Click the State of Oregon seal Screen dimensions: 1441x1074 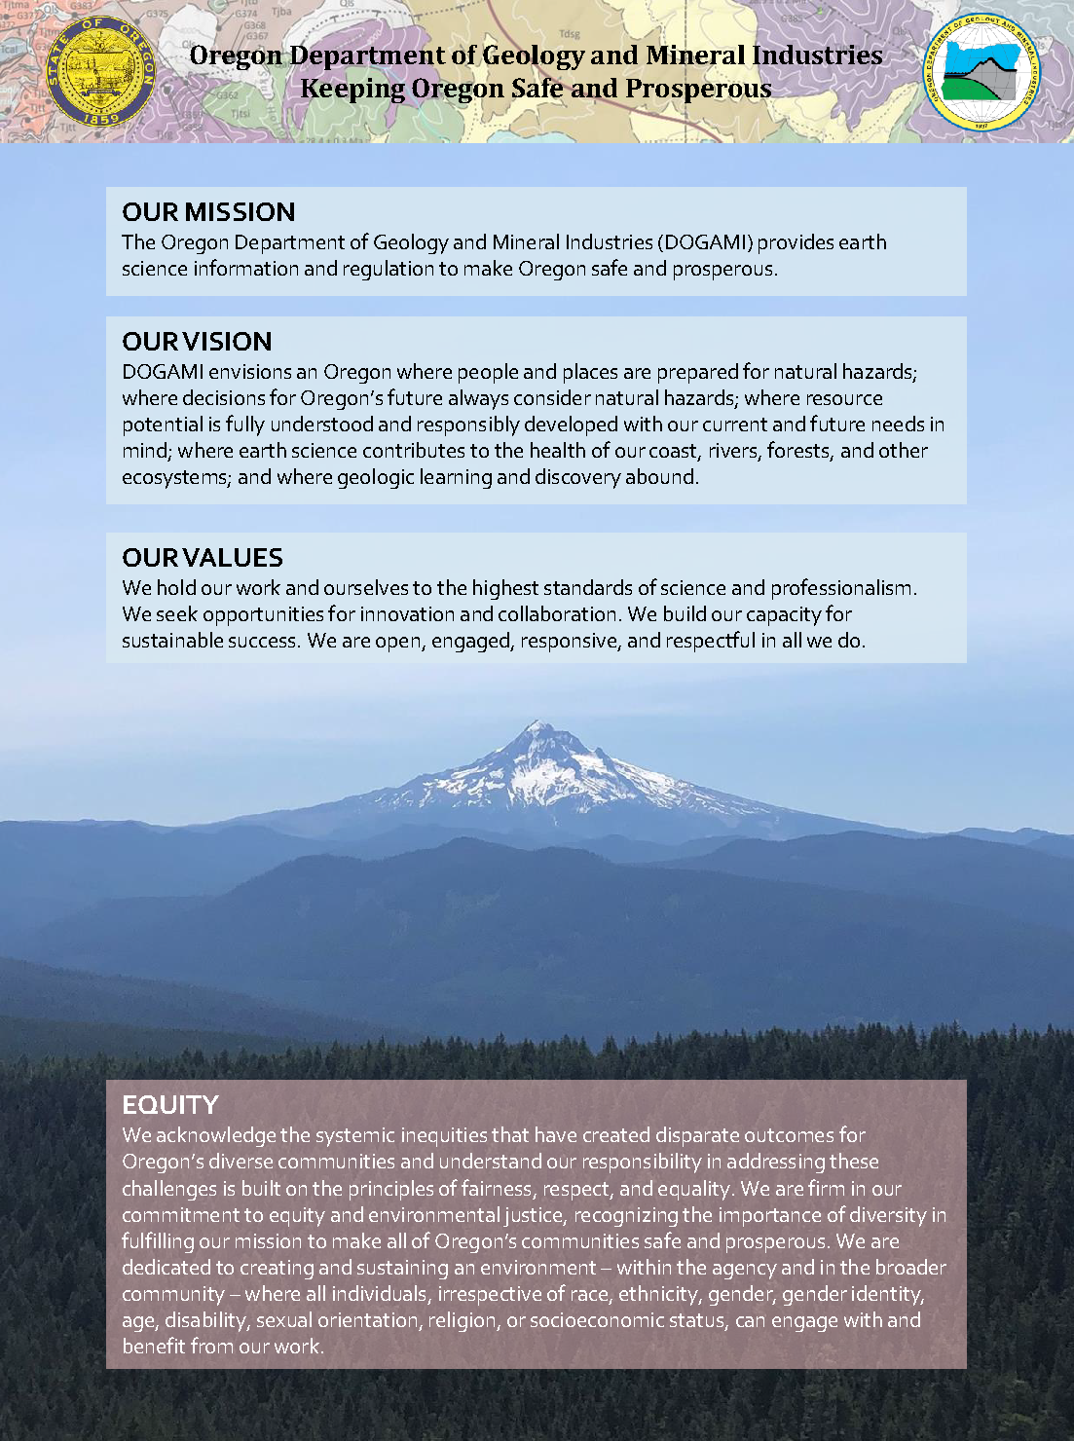tap(100, 71)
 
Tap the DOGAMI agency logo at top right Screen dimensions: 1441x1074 tap(981, 71)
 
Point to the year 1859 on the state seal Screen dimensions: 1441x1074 tap(101, 119)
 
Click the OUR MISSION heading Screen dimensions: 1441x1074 tap(208, 212)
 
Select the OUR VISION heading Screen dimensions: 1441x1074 tap(197, 342)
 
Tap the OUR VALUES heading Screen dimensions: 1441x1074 tap(203, 558)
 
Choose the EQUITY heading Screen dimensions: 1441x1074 tap(170, 1105)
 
